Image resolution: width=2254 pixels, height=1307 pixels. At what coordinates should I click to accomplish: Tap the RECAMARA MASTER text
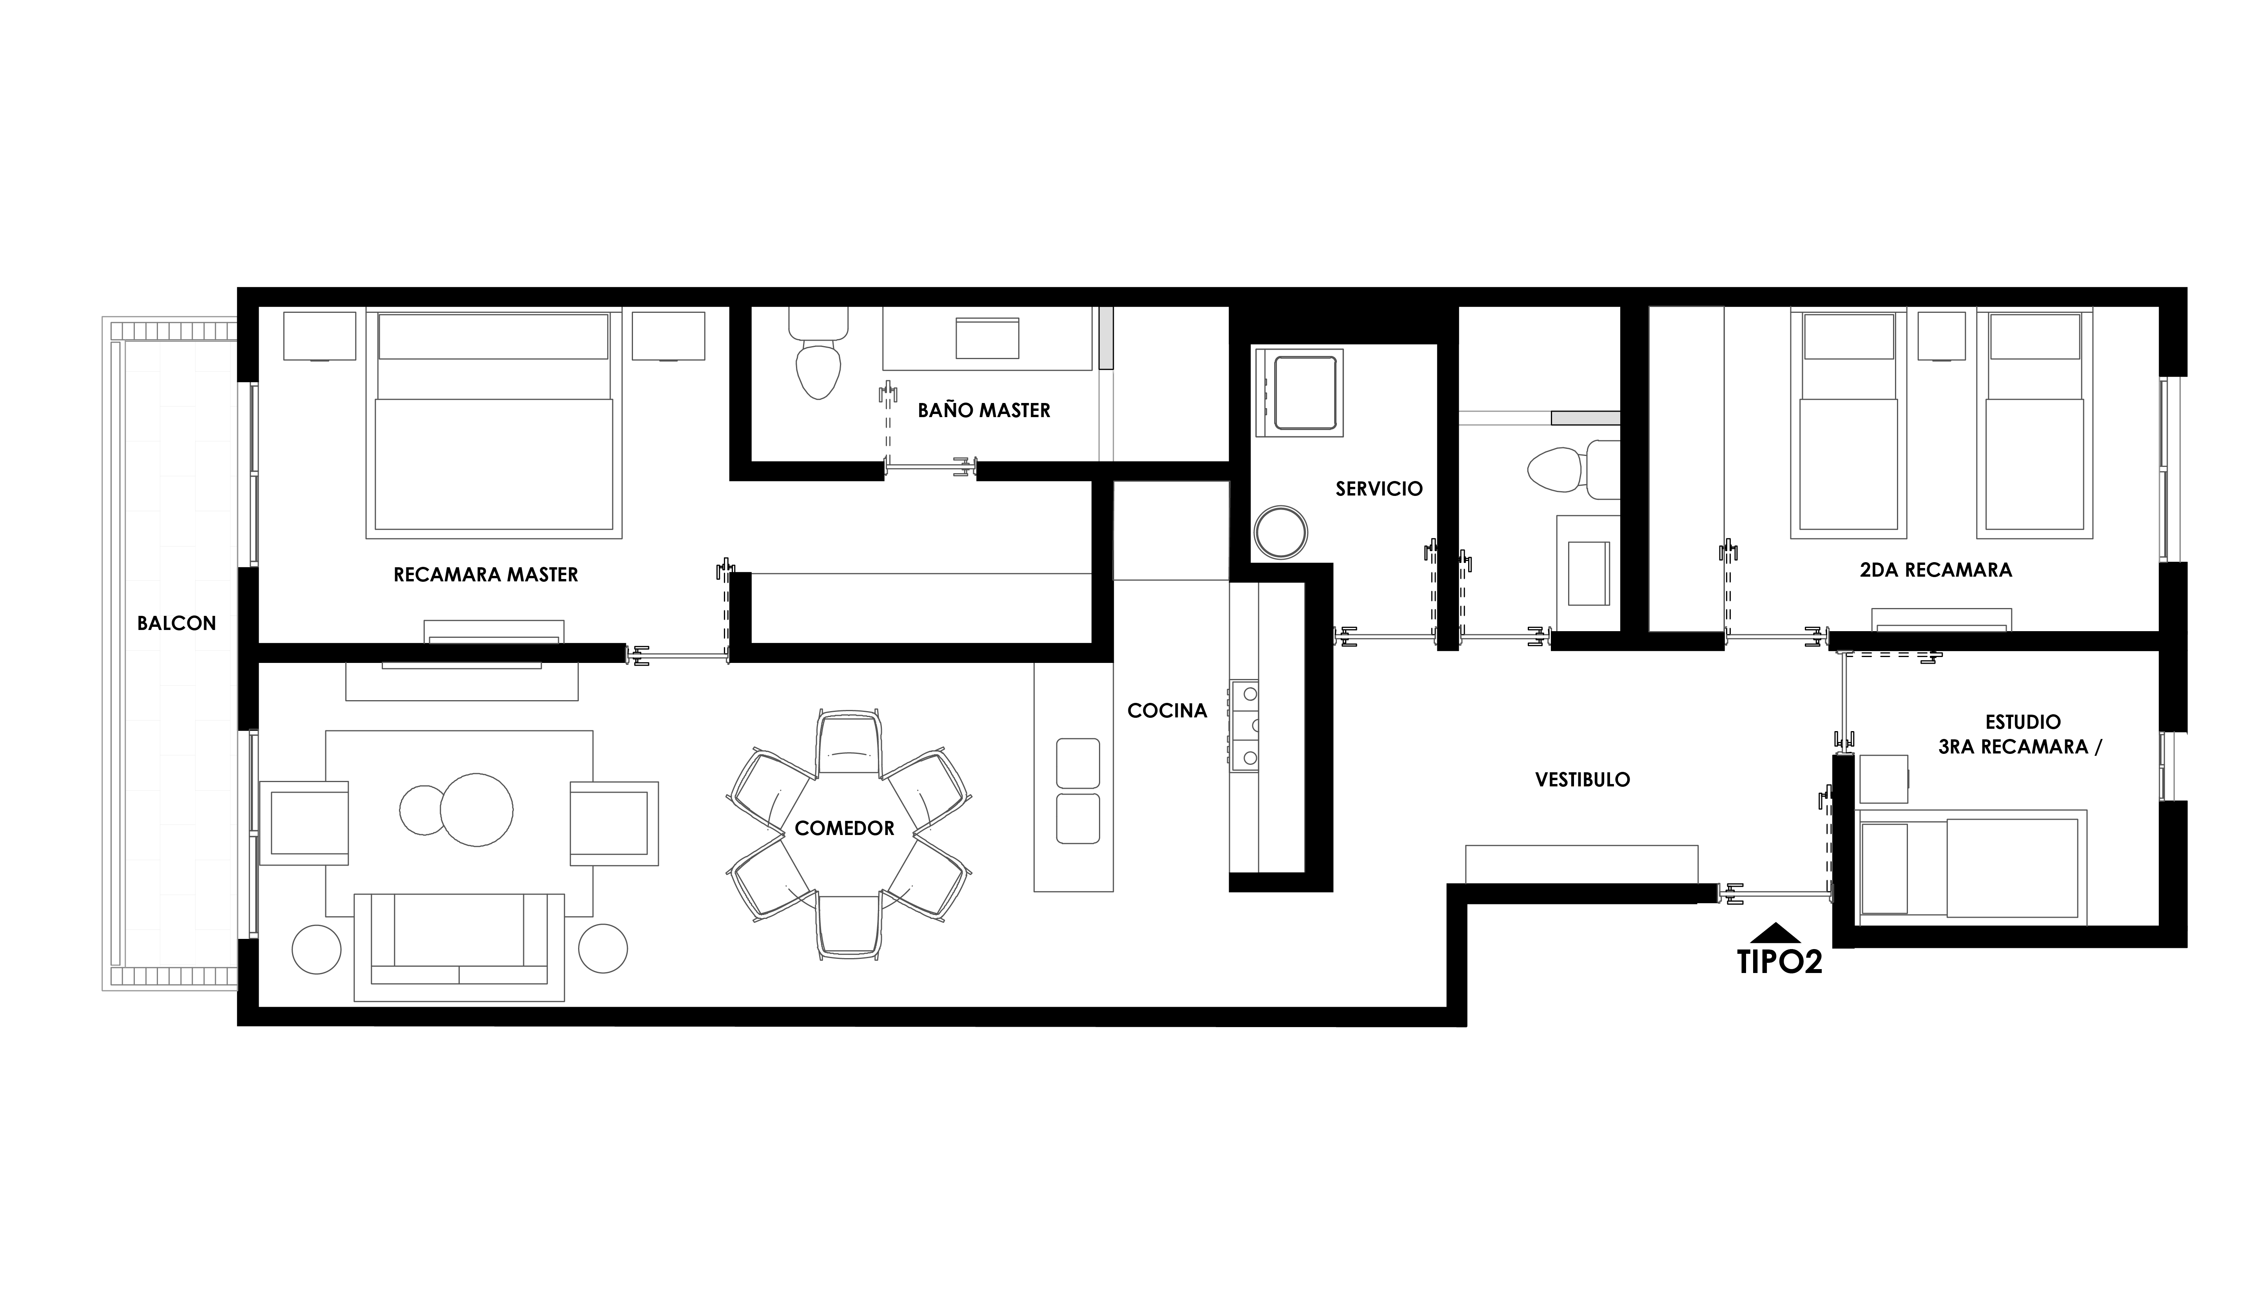click(486, 574)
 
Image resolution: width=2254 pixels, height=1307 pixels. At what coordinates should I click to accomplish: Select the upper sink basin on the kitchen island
click(1078, 763)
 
